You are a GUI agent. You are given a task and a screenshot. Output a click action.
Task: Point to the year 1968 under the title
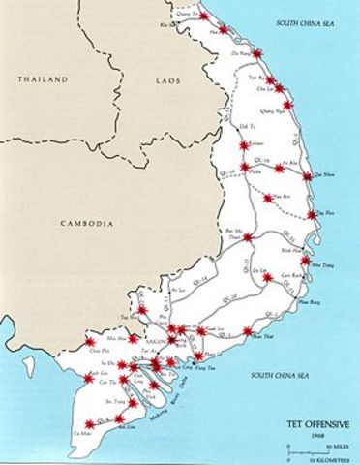click(x=321, y=434)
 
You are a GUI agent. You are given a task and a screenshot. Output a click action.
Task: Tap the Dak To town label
click(x=247, y=126)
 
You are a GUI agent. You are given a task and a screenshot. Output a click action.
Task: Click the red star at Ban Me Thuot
click(x=248, y=236)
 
